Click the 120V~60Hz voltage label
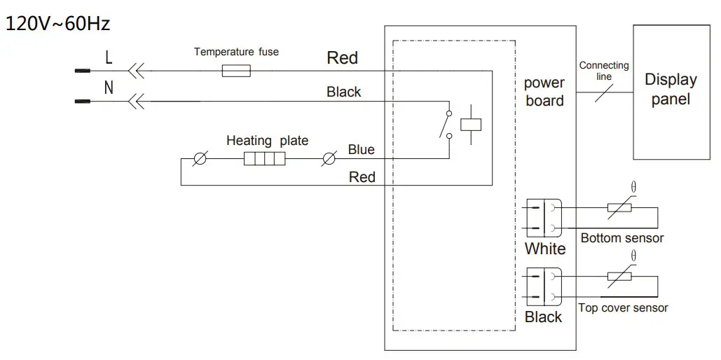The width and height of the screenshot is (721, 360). [58, 25]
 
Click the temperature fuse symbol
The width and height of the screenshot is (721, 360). [236, 71]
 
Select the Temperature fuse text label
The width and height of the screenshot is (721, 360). [236, 52]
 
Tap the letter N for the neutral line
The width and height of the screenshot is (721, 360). [109, 88]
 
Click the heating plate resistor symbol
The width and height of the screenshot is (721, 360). [264, 160]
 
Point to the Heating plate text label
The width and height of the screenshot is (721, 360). [267, 141]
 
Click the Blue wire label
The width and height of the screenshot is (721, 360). [361, 150]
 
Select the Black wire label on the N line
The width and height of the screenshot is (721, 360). [344, 92]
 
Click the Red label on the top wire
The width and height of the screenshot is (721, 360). [343, 58]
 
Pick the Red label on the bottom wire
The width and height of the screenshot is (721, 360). [362, 177]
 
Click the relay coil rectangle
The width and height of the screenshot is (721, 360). [469, 123]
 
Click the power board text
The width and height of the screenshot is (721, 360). [544, 92]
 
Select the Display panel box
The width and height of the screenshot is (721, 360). [671, 92]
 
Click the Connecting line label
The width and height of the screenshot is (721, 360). [604, 71]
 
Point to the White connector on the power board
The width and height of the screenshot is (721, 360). [543, 217]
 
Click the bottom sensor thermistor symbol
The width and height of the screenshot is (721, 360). [620, 207]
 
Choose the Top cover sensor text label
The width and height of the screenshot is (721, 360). [623, 308]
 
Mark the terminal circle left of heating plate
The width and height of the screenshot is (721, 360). [200, 160]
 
